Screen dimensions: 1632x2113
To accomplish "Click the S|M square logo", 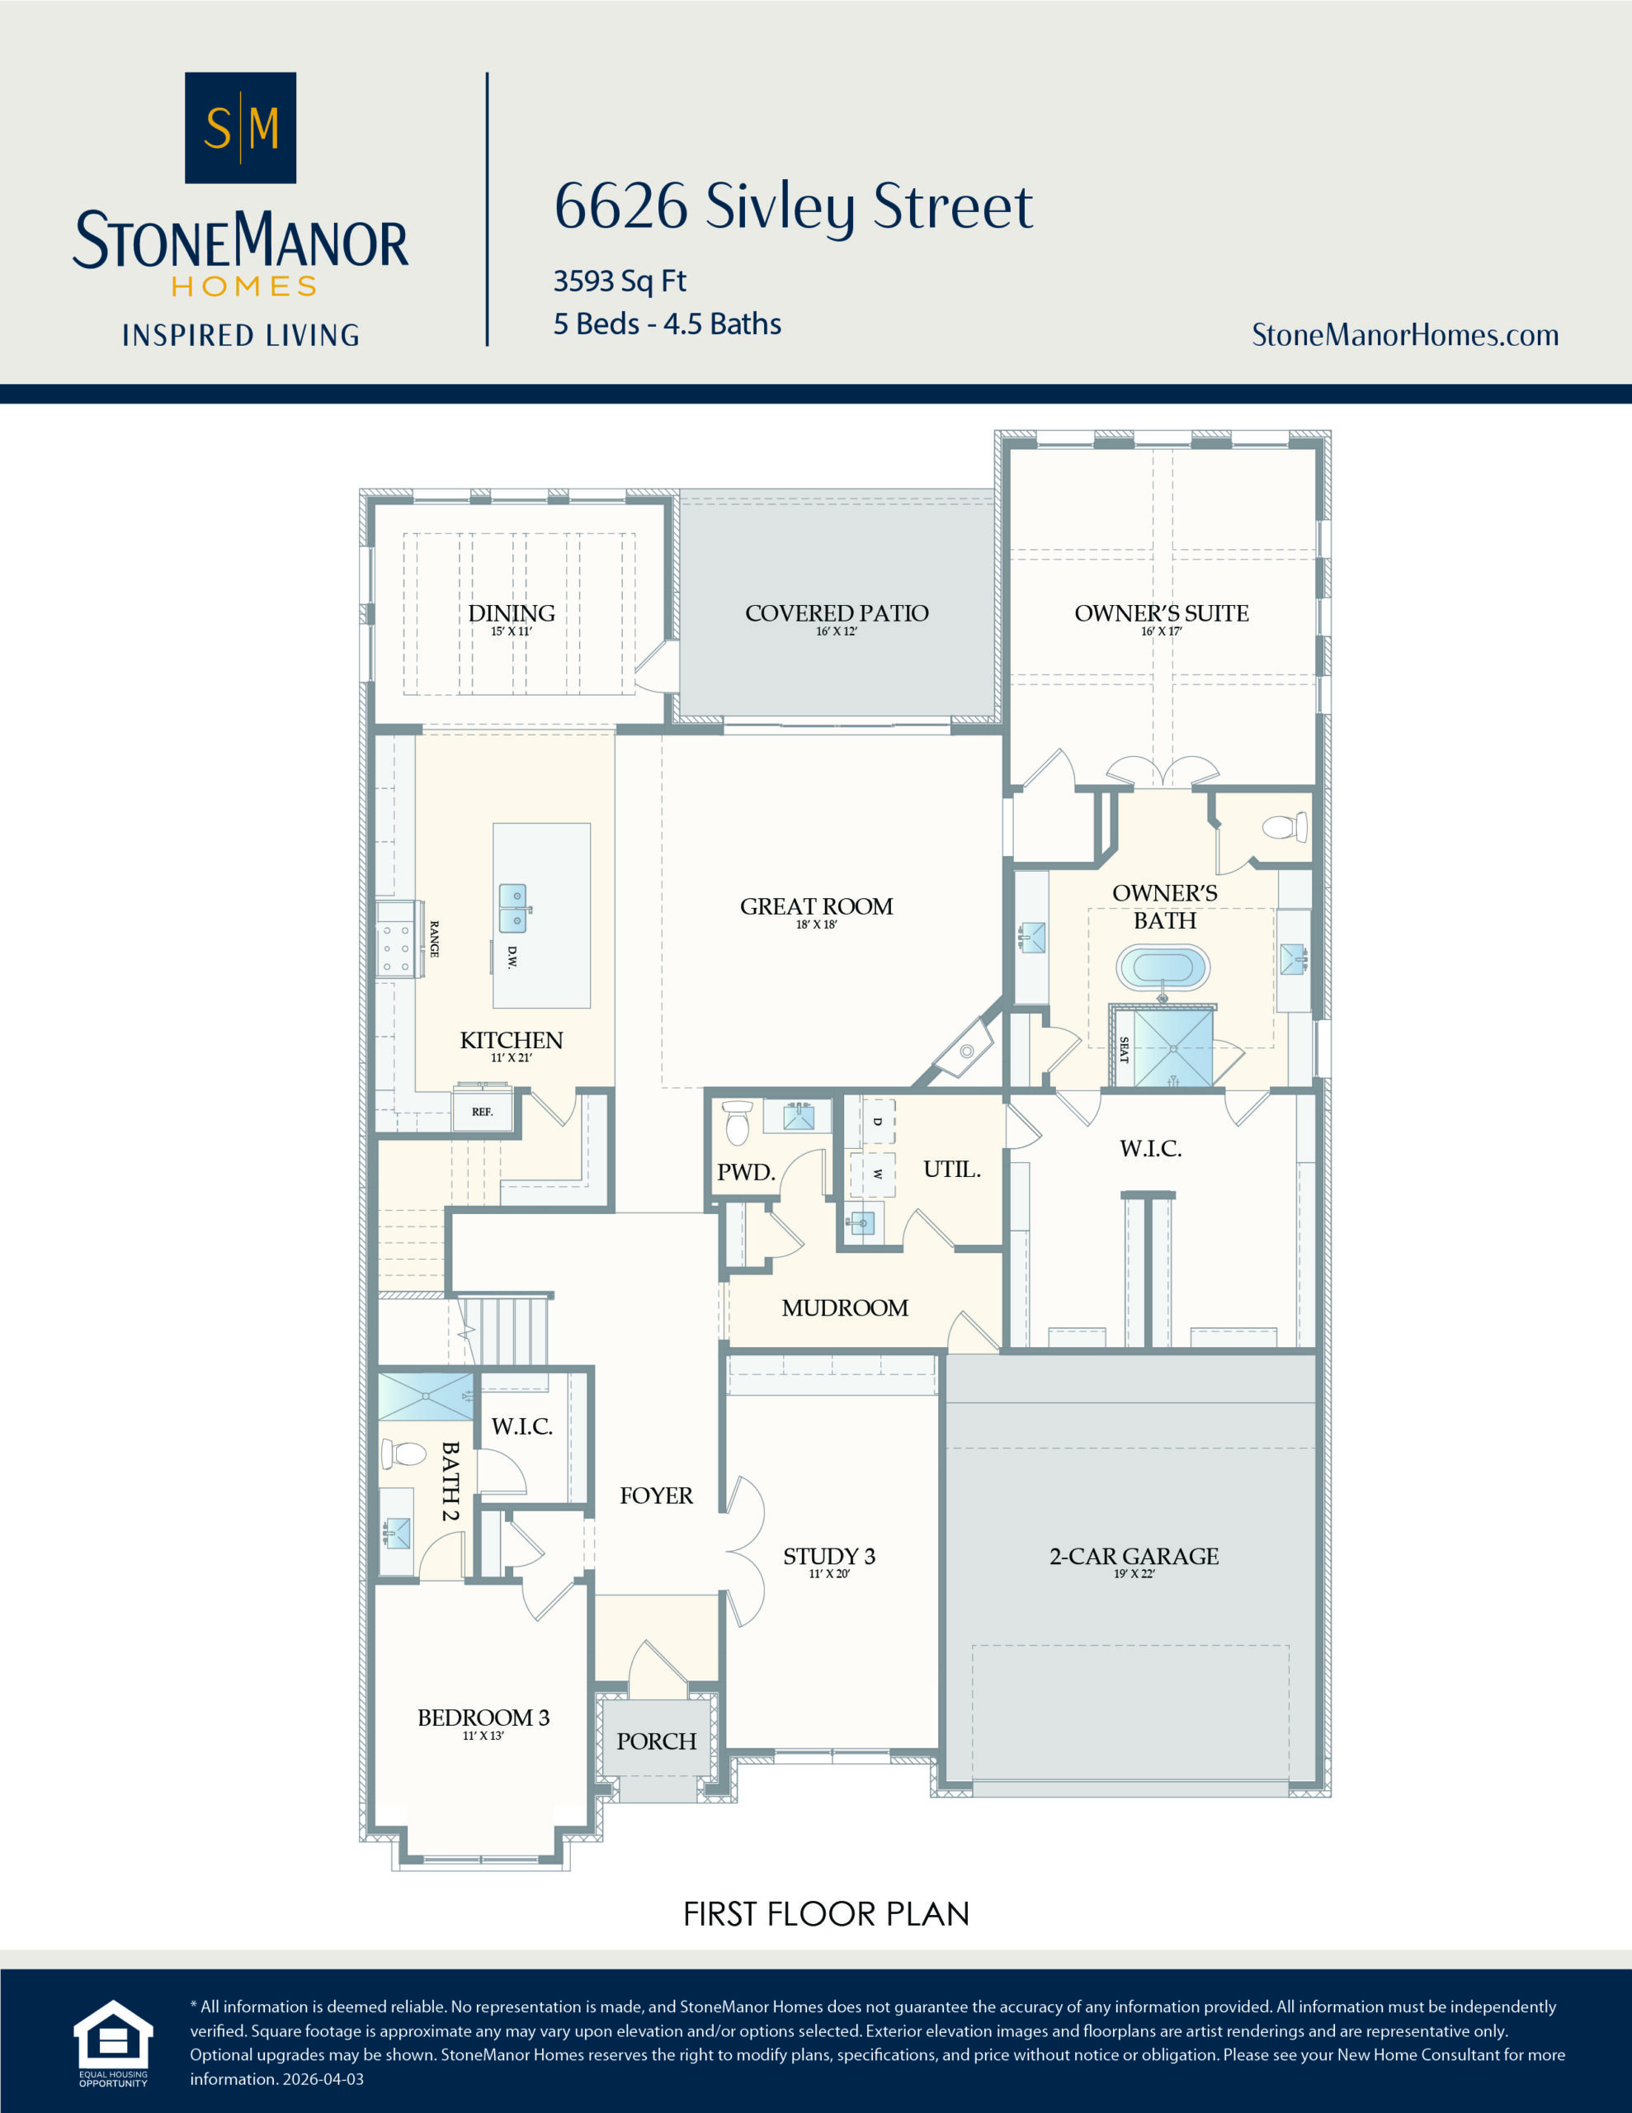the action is click(240, 128).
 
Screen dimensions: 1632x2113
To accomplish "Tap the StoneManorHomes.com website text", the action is click(1404, 335).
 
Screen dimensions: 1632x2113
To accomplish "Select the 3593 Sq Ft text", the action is click(619, 281).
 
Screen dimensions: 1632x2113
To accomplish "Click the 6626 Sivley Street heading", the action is click(793, 206).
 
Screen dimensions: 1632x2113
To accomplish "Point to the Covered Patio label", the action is click(837, 613).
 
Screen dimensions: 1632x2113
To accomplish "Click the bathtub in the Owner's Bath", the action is click(1163, 967).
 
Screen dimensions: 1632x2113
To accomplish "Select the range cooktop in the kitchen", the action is click(399, 938).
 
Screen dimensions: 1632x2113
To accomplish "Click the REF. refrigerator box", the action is click(482, 1112).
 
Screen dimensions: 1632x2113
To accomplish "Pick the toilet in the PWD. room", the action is click(737, 1122).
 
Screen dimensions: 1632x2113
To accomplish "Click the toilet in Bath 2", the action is click(404, 1454).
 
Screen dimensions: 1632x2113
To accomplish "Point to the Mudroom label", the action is click(845, 1308).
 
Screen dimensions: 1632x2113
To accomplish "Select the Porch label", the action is click(656, 1742).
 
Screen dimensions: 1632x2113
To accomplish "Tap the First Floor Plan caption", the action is click(826, 1914).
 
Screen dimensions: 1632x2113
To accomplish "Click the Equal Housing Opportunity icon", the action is click(113, 2041).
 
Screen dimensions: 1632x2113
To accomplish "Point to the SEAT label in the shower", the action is click(1124, 1050).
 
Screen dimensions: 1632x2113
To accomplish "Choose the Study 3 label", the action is click(829, 1556).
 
